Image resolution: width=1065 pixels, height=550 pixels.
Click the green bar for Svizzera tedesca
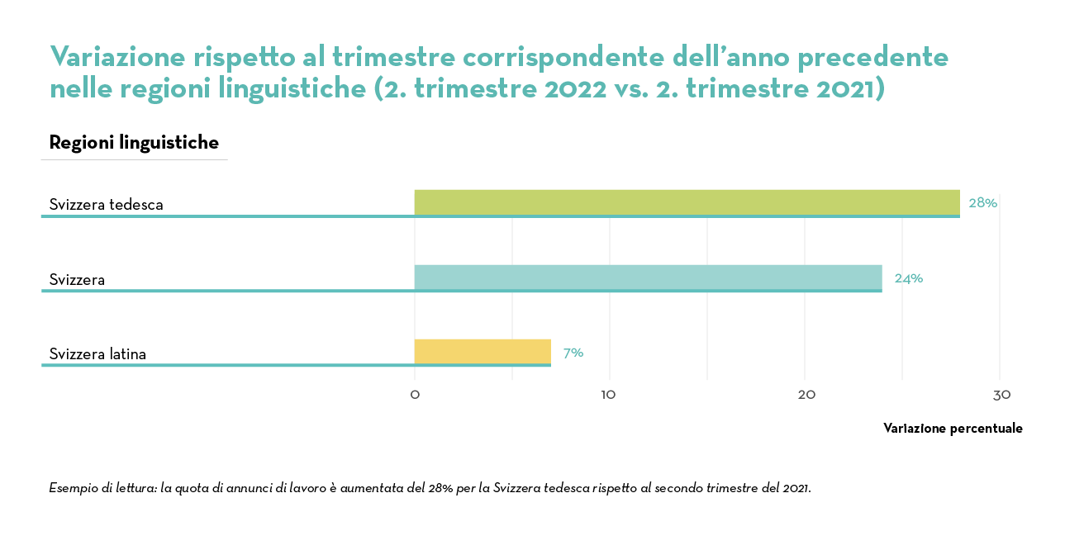click(x=686, y=202)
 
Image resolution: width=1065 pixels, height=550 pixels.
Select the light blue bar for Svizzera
click(x=648, y=277)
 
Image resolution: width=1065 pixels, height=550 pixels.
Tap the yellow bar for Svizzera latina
click(x=483, y=352)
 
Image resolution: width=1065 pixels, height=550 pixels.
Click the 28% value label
click(x=982, y=203)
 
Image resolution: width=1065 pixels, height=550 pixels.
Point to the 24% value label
click(x=908, y=278)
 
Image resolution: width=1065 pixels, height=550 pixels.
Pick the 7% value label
click(x=573, y=353)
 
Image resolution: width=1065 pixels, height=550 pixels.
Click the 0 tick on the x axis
click(x=415, y=396)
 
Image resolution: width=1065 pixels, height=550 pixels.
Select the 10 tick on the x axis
click(x=609, y=396)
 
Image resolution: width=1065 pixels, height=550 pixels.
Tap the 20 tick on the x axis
click(x=806, y=396)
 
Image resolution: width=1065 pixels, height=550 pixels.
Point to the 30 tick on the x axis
click(x=1001, y=396)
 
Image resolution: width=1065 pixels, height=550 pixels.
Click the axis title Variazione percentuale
click(x=953, y=429)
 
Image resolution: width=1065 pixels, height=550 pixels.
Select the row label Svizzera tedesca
click(x=106, y=205)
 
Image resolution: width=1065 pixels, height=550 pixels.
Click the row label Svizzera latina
click(x=97, y=354)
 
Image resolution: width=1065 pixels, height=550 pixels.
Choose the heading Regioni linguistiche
click(x=134, y=143)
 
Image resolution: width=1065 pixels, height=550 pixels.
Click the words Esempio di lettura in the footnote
click(x=103, y=488)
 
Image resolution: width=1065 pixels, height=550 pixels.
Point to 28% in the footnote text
click(x=439, y=488)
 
